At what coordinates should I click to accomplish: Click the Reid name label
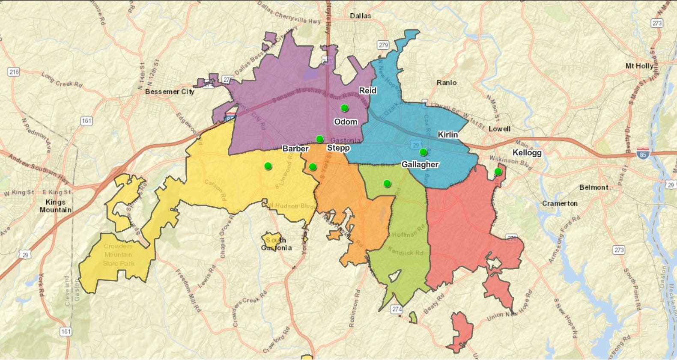pyautogui.click(x=367, y=90)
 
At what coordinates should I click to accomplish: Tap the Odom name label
pyautogui.click(x=346, y=122)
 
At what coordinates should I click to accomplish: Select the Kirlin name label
pyautogui.click(x=447, y=134)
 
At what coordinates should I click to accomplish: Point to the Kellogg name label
pyautogui.click(x=527, y=153)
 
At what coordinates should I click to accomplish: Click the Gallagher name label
pyautogui.click(x=420, y=164)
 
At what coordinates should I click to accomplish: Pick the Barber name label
pyautogui.click(x=295, y=149)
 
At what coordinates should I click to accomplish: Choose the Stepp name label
pyautogui.click(x=338, y=148)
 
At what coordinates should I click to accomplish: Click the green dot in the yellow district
pyautogui.click(x=268, y=166)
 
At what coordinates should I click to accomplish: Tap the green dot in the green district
pyautogui.click(x=387, y=184)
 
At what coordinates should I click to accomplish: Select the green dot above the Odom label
pyautogui.click(x=344, y=108)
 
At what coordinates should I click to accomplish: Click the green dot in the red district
pyautogui.click(x=498, y=172)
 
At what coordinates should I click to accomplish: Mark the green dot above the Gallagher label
pyautogui.click(x=423, y=152)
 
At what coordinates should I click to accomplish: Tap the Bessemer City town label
pyautogui.click(x=170, y=91)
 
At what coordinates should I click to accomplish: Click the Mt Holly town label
pyautogui.click(x=639, y=66)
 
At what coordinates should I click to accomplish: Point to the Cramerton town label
pyautogui.click(x=560, y=203)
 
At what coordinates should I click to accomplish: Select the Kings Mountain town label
pyautogui.click(x=56, y=206)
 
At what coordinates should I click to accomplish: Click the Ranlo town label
pyautogui.click(x=447, y=83)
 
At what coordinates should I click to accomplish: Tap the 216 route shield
pyautogui.click(x=14, y=72)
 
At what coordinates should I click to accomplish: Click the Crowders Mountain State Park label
pyautogui.click(x=118, y=255)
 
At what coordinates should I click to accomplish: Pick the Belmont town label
pyautogui.click(x=593, y=187)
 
